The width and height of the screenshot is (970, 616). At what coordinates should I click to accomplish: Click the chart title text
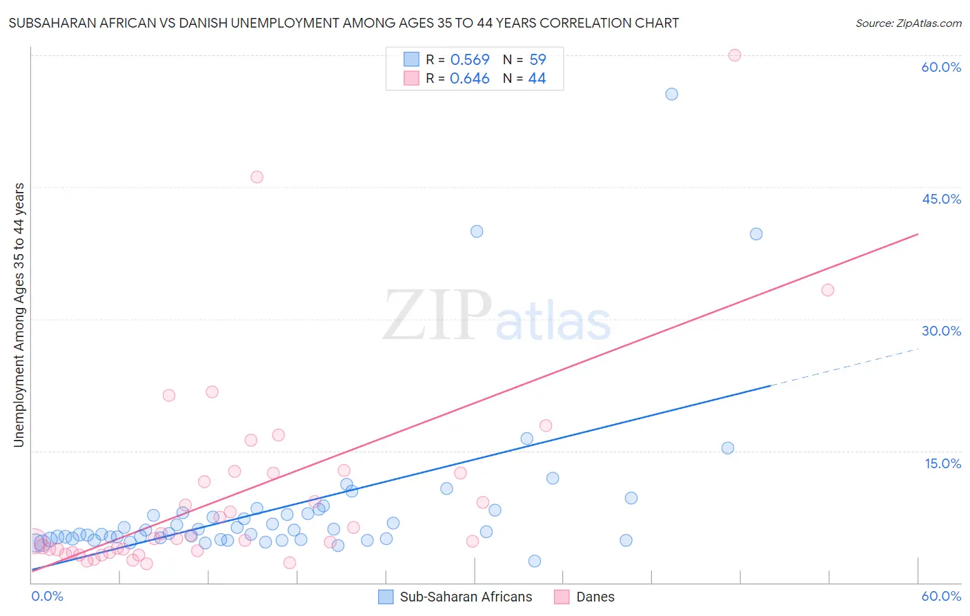(344, 23)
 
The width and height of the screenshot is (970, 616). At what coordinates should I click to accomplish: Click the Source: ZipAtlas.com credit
(908, 23)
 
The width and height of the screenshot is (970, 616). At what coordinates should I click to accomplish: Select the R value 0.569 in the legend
(469, 60)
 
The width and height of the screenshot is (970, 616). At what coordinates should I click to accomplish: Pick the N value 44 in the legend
(537, 79)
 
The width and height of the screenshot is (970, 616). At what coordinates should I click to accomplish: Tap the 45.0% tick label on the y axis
(941, 199)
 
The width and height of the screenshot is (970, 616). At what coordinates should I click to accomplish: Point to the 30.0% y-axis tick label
(941, 331)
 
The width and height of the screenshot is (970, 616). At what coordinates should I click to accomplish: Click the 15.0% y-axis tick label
(942, 463)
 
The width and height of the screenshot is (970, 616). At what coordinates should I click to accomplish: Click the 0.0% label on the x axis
(47, 596)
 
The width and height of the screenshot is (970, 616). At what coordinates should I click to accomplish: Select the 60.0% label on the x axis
(941, 596)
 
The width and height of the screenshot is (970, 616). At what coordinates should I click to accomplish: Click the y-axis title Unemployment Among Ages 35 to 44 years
(19, 315)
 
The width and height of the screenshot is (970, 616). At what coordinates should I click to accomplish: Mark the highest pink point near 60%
(734, 55)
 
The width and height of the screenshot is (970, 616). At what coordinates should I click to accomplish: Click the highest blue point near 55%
(671, 94)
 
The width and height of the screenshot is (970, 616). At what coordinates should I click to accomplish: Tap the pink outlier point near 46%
(257, 177)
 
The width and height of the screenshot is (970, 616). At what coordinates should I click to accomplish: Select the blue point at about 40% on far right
(756, 234)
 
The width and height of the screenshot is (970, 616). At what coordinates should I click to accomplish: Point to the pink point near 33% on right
(828, 290)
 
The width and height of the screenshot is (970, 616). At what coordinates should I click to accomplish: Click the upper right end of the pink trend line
(916, 235)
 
